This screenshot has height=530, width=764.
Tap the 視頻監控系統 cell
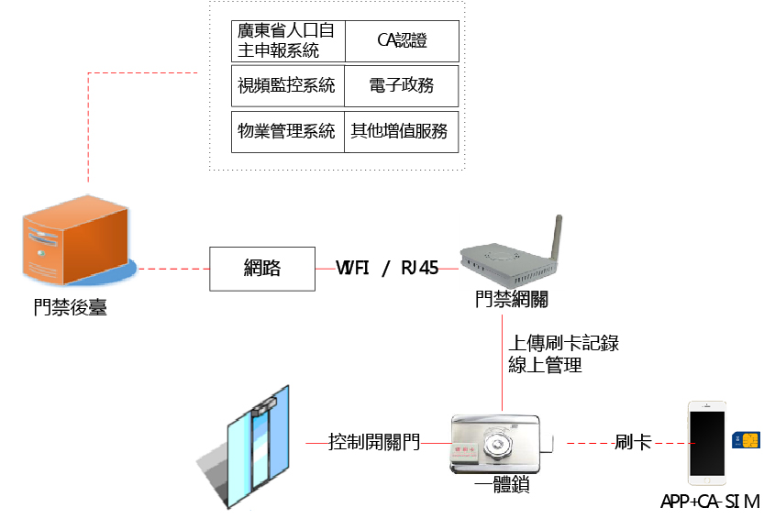tap(287, 86)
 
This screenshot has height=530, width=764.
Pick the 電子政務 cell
tap(402, 86)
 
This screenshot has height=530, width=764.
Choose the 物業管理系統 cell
tap(287, 130)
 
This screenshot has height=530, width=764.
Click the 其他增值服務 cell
tap(402, 130)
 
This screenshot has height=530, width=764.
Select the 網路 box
tap(262, 269)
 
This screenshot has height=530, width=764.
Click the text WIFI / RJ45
tap(387, 269)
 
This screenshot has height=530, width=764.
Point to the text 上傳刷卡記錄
tap(564, 344)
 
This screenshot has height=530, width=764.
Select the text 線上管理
tap(546, 365)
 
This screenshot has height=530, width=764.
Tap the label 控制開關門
tap(374, 443)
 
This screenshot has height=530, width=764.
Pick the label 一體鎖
tap(503, 485)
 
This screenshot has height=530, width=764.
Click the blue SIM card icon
tap(744, 441)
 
